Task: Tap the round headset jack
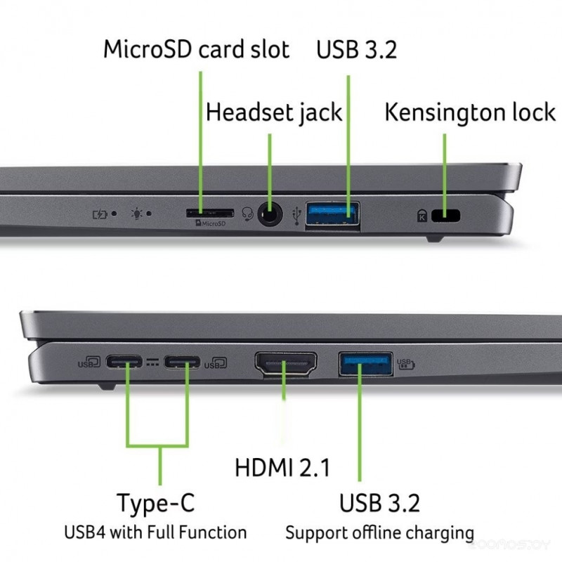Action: (269, 213)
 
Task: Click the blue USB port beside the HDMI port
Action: (365, 364)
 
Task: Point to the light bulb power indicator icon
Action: (138, 213)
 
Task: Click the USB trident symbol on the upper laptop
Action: (296, 214)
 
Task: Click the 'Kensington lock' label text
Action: (470, 112)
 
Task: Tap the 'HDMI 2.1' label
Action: (282, 467)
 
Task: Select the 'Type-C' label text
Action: (155, 503)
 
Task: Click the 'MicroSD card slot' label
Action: (196, 50)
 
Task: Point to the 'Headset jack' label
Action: (274, 112)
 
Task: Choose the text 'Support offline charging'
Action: (379, 532)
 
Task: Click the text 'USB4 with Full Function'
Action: (155, 532)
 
